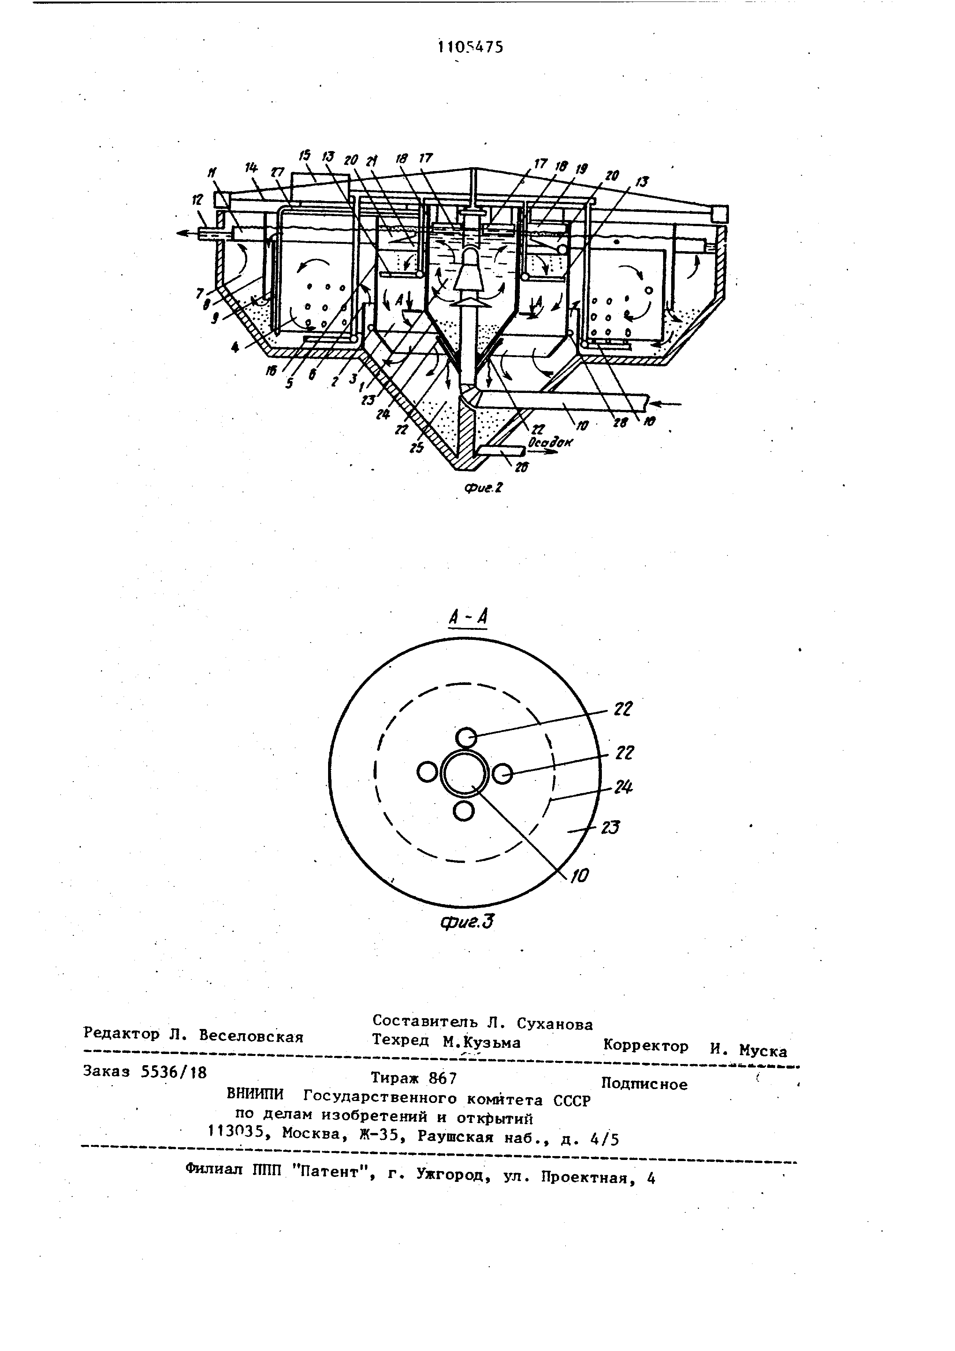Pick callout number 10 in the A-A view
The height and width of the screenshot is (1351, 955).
point(579,876)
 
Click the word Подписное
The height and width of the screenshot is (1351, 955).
point(645,1084)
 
